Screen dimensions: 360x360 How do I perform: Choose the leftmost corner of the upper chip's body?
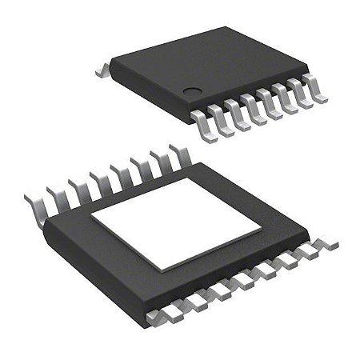(x=109, y=62)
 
